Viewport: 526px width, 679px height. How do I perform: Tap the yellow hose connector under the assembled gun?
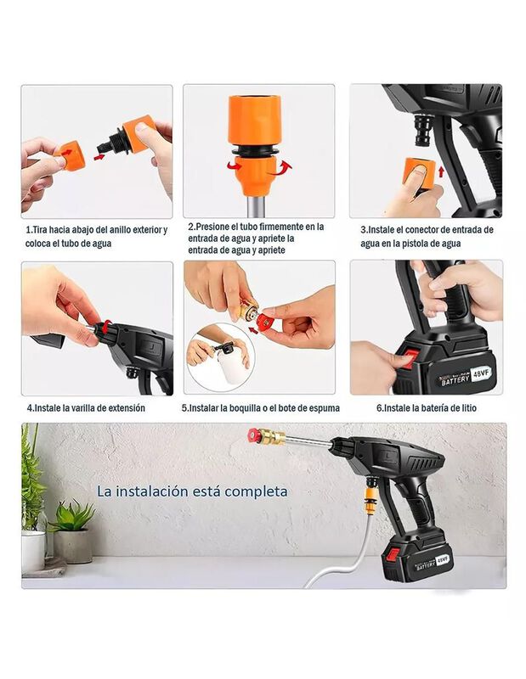tap(370, 499)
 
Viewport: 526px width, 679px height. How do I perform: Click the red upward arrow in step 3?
tap(441, 172)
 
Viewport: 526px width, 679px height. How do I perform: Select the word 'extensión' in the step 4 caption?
tap(127, 408)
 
